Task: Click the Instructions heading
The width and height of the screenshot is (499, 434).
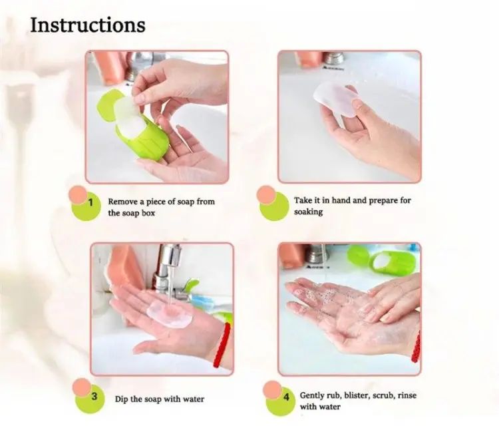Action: [88, 25]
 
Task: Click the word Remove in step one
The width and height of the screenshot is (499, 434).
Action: [123, 202]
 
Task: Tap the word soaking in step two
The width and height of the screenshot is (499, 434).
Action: [308, 212]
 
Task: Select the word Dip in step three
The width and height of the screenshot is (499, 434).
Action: [121, 399]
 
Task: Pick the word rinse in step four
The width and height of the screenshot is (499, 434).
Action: [407, 395]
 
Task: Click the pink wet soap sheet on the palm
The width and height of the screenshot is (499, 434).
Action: [170, 314]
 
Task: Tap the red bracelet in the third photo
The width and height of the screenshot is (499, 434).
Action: [222, 345]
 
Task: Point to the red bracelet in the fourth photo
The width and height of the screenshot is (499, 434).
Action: [416, 347]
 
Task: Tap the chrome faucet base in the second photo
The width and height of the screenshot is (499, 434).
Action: [333, 59]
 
